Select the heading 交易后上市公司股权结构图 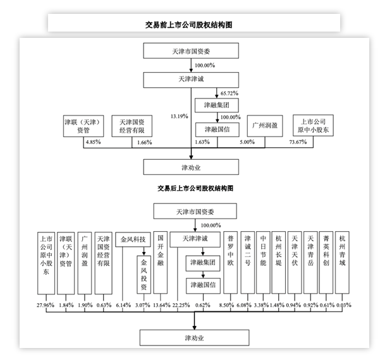(195, 189)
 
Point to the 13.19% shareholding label (180, 116)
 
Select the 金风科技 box (133, 240)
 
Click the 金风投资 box (144, 270)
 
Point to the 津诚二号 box (249, 256)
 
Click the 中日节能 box (265, 256)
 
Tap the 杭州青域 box (343, 256)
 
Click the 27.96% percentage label (47, 306)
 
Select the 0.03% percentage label (343, 306)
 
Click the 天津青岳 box (310, 256)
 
